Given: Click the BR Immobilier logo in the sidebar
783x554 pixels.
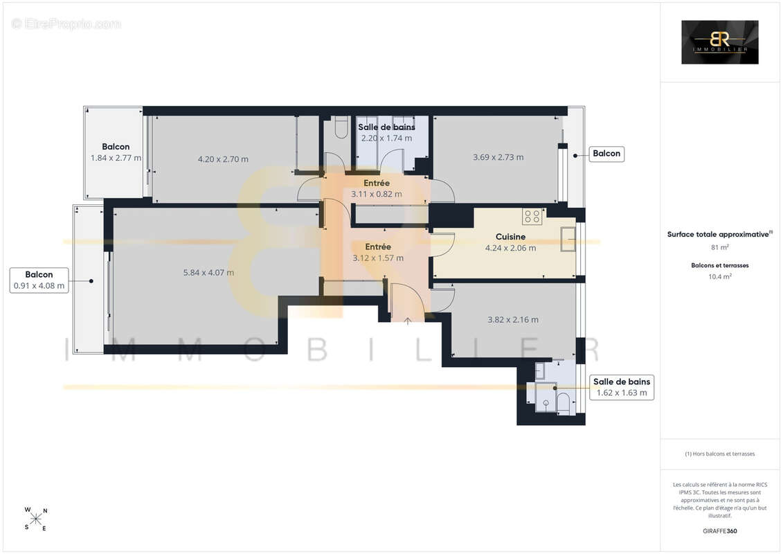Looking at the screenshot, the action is [719, 42].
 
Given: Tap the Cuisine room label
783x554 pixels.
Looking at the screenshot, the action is [510, 237].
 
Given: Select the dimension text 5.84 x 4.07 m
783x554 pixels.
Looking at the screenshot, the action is [208, 273].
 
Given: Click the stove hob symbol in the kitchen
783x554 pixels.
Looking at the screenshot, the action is [532, 216].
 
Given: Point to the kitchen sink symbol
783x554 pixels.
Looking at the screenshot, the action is [568, 239].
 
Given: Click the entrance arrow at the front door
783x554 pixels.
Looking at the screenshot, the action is [408, 321].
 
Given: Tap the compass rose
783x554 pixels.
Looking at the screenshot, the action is [36, 519].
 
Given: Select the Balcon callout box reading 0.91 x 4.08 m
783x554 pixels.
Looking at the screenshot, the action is [39, 280].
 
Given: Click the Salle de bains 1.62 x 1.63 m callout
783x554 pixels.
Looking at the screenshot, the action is [622, 387].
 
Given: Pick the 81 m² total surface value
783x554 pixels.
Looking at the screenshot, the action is [719, 247].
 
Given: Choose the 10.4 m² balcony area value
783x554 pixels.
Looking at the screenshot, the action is [719, 276].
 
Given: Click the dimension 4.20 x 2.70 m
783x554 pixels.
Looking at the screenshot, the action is [223, 159].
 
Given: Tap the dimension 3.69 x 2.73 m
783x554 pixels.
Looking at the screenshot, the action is [498, 157].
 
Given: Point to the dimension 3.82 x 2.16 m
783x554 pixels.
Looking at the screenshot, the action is [513, 320].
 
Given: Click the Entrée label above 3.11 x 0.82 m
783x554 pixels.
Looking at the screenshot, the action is [377, 184].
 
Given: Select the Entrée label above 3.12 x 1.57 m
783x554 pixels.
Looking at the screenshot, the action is [378, 247].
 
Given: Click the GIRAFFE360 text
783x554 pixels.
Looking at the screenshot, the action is [719, 531].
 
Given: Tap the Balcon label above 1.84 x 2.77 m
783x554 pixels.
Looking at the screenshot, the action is [116, 147].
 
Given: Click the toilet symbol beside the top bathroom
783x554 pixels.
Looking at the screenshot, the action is [341, 127].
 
